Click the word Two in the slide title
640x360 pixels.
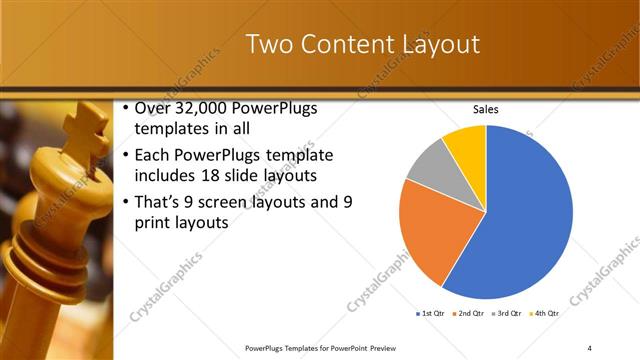click(268, 45)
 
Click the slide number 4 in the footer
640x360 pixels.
click(590, 347)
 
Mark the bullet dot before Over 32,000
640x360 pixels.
click(124, 109)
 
